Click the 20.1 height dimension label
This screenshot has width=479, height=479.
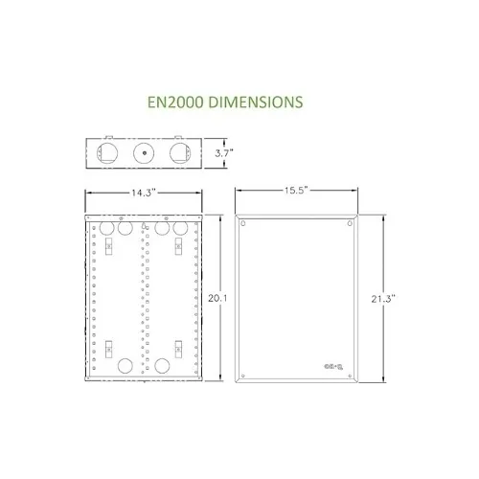point(217,299)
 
